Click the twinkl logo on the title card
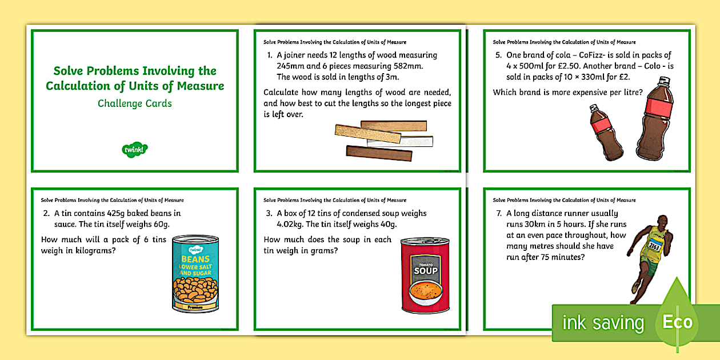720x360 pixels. coord(135,150)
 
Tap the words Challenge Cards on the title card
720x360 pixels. coord(135,103)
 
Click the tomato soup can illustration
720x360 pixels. coord(425,275)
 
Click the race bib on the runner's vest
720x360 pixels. coord(655,246)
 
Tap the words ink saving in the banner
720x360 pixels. coord(603,323)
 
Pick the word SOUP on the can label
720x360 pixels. coord(425,270)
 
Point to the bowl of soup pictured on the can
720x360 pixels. coord(425,294)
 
